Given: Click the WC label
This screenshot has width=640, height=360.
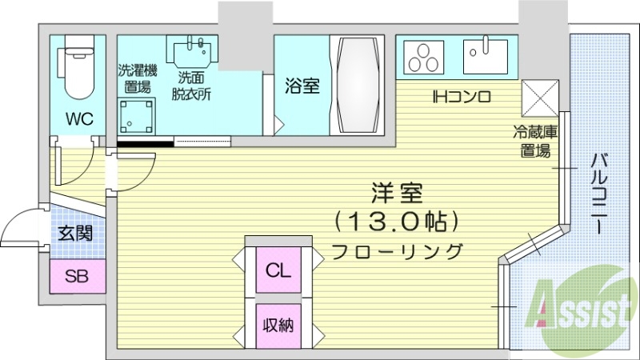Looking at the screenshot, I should coord(79,119).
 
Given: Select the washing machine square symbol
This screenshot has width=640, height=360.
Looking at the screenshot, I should coord(136,117).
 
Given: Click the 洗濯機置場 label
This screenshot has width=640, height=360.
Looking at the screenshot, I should coord(138,78).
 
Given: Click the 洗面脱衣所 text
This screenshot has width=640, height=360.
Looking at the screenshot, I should coord(194,84).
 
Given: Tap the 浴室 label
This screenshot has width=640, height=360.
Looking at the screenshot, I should coord(302,86).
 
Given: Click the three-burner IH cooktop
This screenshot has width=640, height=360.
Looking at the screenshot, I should coord(424,57).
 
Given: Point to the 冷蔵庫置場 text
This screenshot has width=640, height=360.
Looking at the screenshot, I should coord(535,141).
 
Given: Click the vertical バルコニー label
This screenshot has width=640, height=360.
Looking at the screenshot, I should coord(598,192).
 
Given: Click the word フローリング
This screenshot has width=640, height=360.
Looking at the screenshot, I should coord(398,250).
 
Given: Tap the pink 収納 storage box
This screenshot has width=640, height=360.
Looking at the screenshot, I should coord(278,326).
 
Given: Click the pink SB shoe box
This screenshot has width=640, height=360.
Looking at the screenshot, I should coord(77,277).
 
